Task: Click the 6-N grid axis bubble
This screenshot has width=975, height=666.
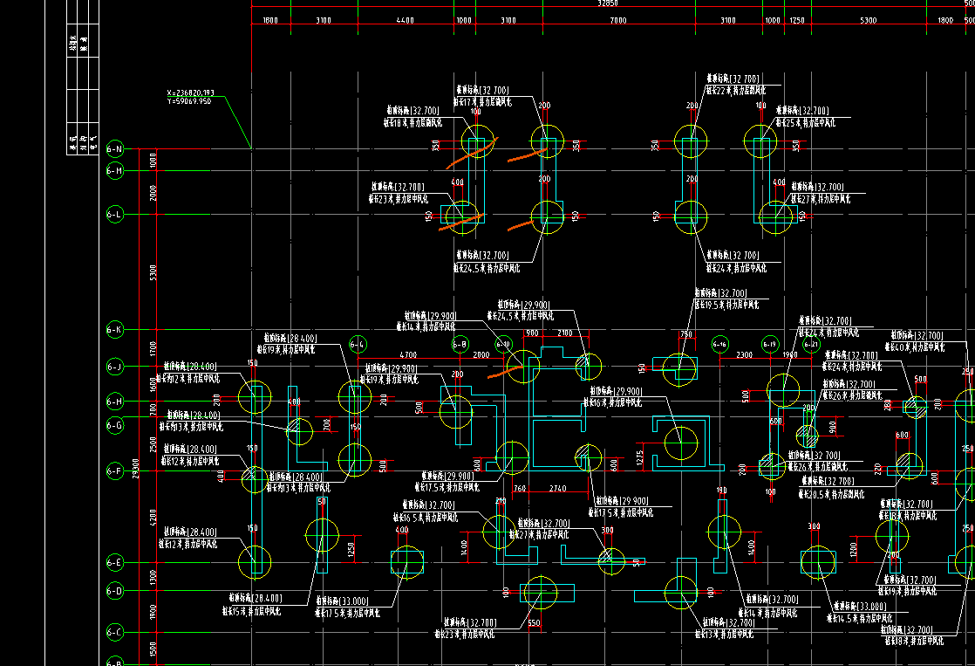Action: (x=115, y=149)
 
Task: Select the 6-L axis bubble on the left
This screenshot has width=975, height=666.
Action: (x=115, y=214)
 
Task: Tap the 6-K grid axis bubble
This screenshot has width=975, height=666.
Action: (x=115, y=330)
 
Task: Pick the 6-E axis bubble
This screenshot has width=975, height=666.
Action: (x=115, y=563)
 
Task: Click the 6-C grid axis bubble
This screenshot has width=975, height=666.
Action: (x=115, y=631)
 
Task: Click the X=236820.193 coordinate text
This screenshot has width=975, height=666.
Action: (x=189, y=93)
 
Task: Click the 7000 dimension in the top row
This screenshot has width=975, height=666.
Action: (x=617, y=20)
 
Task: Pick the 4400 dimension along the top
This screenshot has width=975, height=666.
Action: (x=405, y=20)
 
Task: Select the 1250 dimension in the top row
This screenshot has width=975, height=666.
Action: (x=796, y=20)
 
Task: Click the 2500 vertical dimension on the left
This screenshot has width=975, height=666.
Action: (x=153, y=445)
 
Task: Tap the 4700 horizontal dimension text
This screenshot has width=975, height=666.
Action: (x=407, y=355)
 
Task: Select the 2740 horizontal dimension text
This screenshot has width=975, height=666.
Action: (x=557, y=489)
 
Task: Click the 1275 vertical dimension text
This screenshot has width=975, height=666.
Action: (x=640, y=457)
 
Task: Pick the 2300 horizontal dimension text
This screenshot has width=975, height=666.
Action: (x=744, y=355)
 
